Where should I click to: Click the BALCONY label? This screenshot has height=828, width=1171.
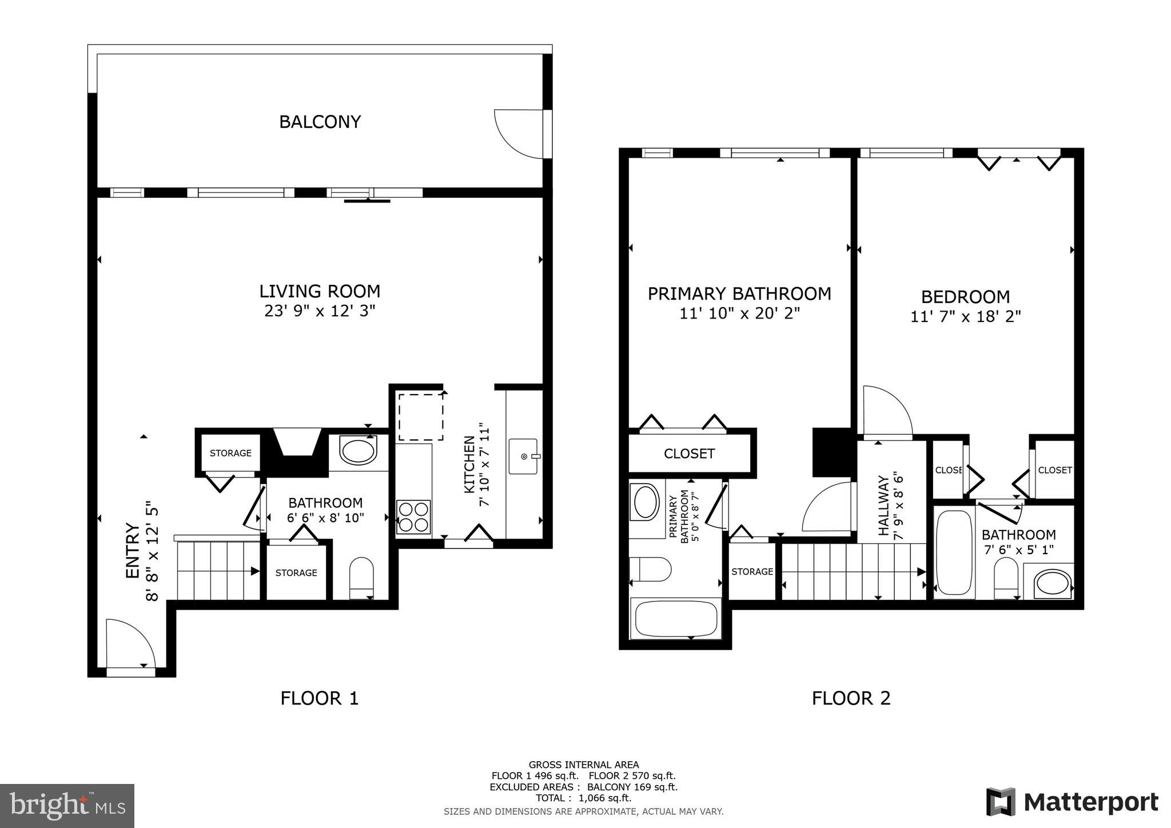(320, 122)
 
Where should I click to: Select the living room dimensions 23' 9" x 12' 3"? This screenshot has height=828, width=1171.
(320, 311)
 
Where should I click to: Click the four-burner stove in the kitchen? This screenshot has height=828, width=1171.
(413, 517)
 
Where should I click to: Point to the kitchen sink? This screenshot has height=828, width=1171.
(523, 456)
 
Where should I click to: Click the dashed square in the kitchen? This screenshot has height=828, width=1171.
(421, 417)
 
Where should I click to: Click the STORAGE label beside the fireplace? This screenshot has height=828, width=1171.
(230, 453)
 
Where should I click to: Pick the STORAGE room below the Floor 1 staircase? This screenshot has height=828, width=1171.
(296, 572)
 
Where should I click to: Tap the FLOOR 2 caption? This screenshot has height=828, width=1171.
(851, 698)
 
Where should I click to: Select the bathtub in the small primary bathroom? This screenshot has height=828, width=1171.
(675, 618)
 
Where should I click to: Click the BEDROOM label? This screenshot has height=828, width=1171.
(965, 297)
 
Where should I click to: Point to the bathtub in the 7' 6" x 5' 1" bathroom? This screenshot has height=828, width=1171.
(954, 552)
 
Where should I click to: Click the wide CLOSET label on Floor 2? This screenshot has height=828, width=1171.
(689, 453)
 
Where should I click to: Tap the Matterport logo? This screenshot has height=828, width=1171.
(1072, 802)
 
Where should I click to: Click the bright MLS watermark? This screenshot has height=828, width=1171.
(67, 806)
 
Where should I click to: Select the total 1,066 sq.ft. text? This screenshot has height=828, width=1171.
(583, 798)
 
